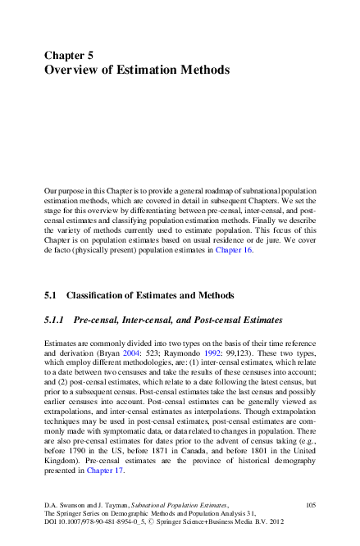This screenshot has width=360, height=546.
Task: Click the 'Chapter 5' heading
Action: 69,55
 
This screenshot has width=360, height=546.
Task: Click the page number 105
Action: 310,510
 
